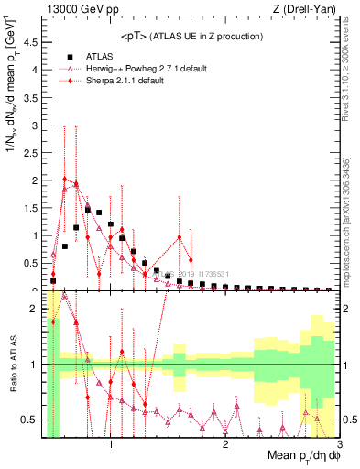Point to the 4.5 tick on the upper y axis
point(31,41)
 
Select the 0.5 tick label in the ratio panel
point(31,420)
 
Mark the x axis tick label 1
point(111,446)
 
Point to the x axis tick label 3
point(339,446)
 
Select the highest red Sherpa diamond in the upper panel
point(64,180)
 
